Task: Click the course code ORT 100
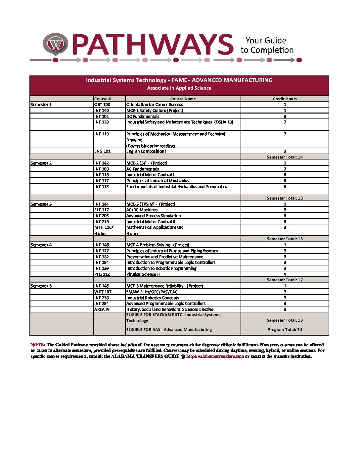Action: [102, 105]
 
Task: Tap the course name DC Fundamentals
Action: [143, 117]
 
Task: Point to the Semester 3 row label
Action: [41, 204]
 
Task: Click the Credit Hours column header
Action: [285, 99]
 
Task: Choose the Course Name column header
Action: [183, 99]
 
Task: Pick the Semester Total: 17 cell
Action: [285, 280]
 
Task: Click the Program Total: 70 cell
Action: [285, 330]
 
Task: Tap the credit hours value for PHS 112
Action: [285, 274]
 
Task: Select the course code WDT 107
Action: [103, 292]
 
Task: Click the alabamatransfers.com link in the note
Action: [215, 356]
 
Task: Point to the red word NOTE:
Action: [37, 345]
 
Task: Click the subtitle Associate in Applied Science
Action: [179, 88]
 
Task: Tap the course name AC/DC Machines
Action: [142, 210]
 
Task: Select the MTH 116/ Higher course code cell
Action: [104, 230]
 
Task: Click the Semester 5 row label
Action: [41, 286]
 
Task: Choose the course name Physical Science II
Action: [143, 274]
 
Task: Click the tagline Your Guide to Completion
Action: [267, 45]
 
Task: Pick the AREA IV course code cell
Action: [102, 309]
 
